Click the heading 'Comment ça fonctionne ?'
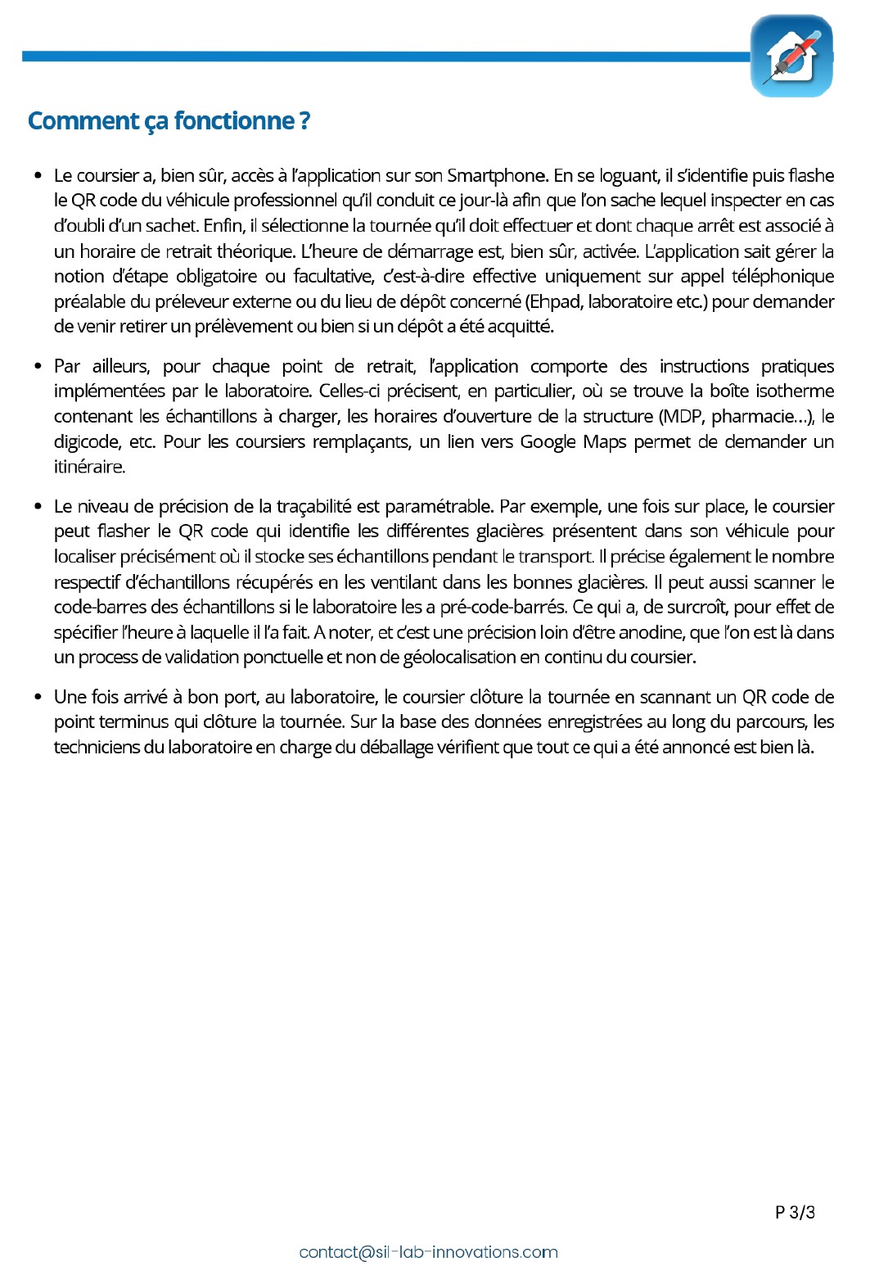[169, 121]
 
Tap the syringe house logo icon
[791, 57]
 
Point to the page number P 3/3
[795, 1213]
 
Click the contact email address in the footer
[428, 1252]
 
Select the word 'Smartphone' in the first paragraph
[496, 176]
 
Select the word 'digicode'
[87, 442]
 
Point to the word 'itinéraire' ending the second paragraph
[89, 468]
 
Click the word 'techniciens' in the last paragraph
[97, 748]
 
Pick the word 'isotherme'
[795, 391]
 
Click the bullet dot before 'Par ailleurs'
[38, 366]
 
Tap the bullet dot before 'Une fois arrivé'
[38, 697]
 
